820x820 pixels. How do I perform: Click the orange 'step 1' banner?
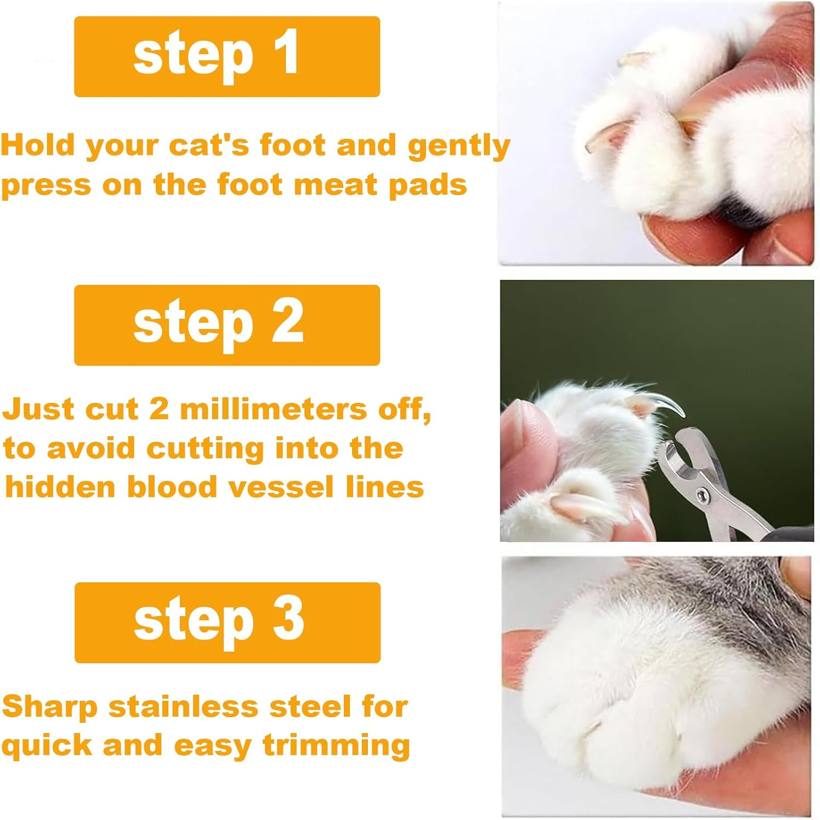tap(227, 57)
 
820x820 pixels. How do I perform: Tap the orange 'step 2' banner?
tap(227, 325)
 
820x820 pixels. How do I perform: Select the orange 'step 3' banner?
tap(227, 623)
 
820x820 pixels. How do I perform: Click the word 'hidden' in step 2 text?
tap(60, 487)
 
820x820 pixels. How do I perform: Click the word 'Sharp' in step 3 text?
tap(50, 708)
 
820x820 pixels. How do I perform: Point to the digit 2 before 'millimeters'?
tap(159, 409)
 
